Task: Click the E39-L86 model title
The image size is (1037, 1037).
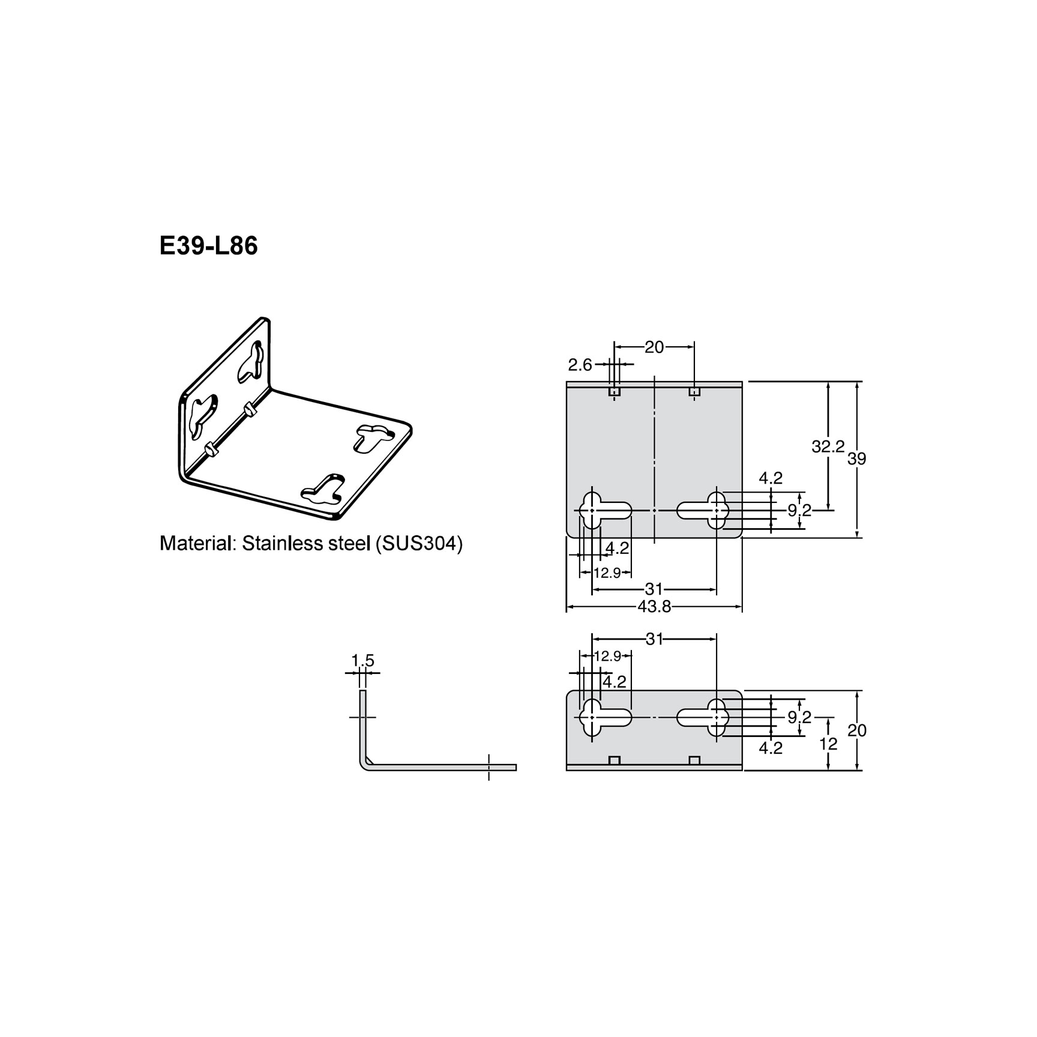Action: click(208, 247)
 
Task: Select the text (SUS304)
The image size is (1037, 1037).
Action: click(418, 544)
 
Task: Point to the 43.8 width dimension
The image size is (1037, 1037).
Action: click(654, 607)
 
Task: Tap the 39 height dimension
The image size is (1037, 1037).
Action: click(857, 459)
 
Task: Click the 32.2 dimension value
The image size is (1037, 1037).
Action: click(828, 446)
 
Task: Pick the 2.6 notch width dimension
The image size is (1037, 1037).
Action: click(580, 364)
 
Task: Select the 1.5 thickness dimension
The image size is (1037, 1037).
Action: click(362, 661)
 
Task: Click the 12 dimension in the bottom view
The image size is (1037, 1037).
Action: click(828, 744)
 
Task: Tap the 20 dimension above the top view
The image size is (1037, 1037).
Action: click(654, 347)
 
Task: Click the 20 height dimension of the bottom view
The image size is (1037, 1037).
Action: click(857, 730)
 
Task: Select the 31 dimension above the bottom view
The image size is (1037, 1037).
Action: click(654, 639)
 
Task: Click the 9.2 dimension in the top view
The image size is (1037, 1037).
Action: click(799, 511)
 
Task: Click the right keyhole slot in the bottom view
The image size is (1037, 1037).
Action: click(703, 717)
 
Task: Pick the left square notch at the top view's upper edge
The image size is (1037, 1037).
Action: click(614, 391)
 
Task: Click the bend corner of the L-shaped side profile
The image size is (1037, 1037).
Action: click(365, 763)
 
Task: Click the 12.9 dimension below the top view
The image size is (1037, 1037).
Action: click(607, 573)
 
